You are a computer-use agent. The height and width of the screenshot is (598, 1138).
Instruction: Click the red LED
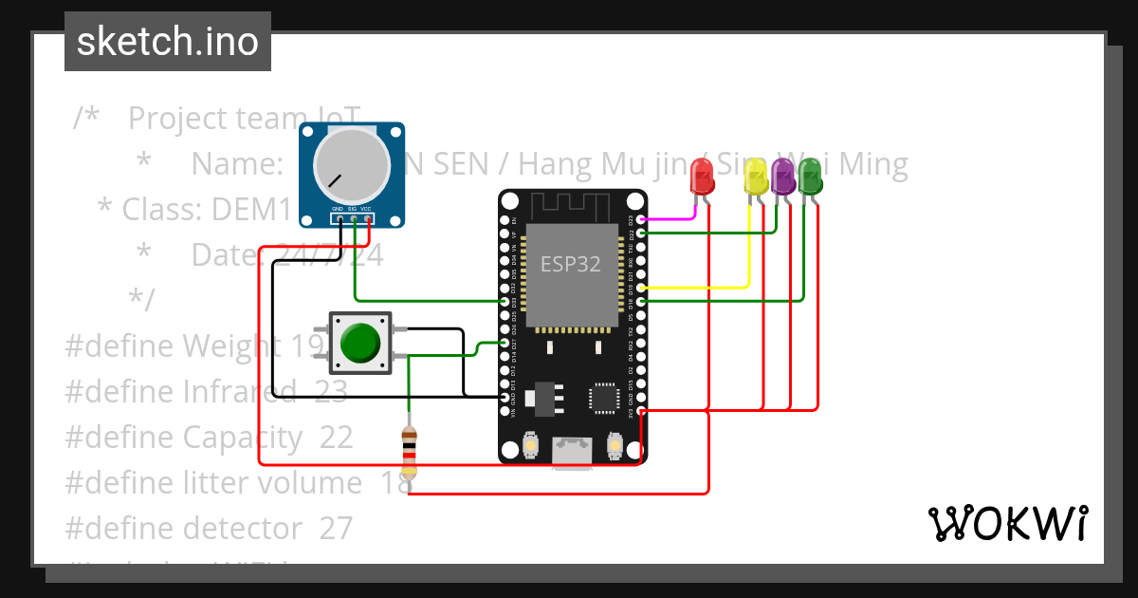[x=702, y=176]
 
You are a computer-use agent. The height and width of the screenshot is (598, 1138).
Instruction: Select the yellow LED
[x=756, y=177]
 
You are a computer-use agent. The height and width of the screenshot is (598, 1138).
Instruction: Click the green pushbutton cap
[x=360, y=343]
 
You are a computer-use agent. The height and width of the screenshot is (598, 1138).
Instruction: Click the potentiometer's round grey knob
[x=352, y=164]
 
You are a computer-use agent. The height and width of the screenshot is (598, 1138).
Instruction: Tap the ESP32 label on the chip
[x=570, y=264]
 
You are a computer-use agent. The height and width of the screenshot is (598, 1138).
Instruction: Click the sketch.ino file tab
[x=168, y=42]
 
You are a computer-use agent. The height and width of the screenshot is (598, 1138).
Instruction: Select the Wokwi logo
[x=1007, y=523]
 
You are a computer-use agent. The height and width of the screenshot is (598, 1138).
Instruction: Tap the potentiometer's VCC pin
[x=367, y=219]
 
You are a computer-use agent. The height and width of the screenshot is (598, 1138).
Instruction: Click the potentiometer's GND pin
[x=338, y=219]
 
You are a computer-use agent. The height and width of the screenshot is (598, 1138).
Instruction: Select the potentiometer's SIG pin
[x=353, y=219]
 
